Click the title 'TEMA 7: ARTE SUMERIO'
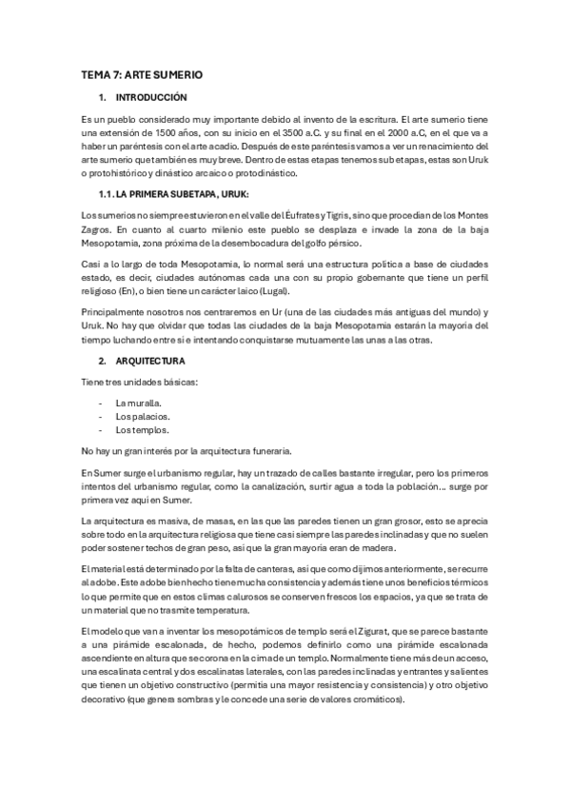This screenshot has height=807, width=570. [142, 74]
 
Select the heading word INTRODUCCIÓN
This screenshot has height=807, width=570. [151, 98]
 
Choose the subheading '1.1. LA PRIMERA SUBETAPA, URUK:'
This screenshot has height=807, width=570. [169, 195]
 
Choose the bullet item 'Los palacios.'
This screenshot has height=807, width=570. [143, 416]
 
